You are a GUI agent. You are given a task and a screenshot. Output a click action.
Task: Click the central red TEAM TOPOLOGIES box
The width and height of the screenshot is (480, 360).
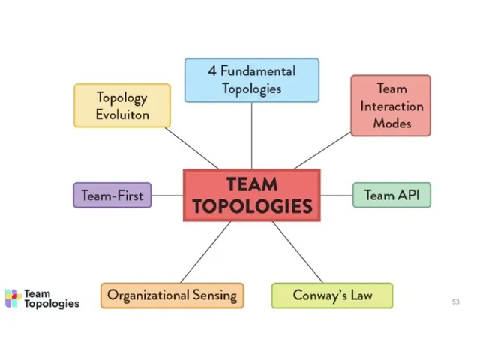251,195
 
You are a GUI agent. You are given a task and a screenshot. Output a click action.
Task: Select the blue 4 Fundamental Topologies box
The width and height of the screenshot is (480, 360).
251,79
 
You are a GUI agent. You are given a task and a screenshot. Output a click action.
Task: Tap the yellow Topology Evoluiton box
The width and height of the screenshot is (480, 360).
122,105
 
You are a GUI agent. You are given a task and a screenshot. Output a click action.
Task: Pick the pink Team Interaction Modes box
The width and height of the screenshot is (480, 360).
390,105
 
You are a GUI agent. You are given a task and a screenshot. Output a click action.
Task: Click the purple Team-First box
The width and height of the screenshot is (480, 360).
112,195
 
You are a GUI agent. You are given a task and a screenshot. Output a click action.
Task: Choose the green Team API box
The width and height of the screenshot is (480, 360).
391,195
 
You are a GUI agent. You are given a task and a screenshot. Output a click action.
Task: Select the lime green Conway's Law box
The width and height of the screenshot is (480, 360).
331,295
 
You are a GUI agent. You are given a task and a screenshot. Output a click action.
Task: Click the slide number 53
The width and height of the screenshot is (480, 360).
455,301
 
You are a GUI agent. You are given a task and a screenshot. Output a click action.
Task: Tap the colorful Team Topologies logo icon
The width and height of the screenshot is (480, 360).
13,298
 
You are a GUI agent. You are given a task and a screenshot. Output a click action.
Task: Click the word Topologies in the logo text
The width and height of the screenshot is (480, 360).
51,304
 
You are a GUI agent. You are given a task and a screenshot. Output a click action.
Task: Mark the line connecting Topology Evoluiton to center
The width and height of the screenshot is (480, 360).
191,148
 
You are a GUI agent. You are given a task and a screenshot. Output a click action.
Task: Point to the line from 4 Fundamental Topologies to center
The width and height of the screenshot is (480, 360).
251,135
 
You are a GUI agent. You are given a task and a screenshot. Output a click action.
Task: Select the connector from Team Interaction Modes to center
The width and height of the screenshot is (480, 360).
322,151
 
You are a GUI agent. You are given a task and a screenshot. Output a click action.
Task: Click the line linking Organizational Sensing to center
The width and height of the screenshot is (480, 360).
205,252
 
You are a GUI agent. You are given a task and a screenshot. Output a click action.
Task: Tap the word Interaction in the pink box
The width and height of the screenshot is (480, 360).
391,106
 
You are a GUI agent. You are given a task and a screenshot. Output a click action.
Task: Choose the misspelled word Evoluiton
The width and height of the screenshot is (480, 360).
122,115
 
